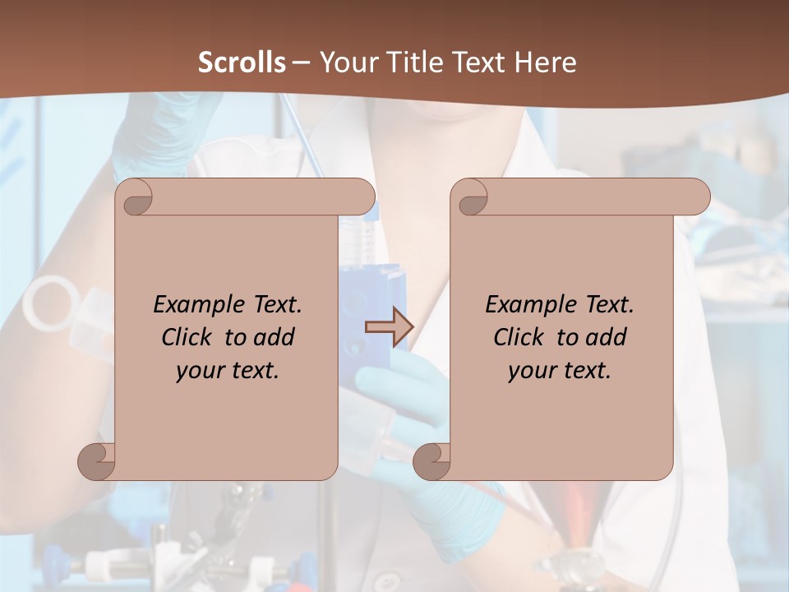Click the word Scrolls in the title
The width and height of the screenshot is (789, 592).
tap(242, 62)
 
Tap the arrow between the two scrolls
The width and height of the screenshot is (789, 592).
tap(389, 327)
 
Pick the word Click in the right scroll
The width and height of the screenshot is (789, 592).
tap(519, 337)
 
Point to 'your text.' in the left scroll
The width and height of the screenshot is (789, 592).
tap(227, 370)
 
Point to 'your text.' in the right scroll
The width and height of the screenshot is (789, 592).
tap(559, 370)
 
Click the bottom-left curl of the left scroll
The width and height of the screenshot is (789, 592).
tap(96, 460)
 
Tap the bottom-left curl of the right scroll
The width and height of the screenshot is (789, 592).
tap(431, 460)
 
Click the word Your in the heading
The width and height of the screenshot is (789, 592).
tap(344, 62)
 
